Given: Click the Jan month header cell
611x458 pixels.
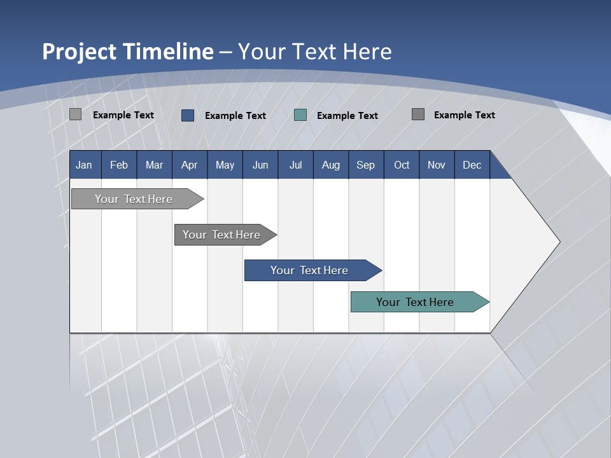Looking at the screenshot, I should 85,165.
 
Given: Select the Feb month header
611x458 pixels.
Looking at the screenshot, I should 119,165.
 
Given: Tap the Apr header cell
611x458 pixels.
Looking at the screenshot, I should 190,165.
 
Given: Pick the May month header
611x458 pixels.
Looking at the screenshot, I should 225,165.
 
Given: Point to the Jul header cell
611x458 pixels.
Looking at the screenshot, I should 295,165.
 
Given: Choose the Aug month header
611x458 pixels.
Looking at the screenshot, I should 331,165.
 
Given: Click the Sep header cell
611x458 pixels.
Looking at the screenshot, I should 366,165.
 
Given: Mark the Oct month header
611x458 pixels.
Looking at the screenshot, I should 402,165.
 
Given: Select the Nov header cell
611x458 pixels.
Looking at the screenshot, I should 437,165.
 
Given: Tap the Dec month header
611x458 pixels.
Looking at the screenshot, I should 472,165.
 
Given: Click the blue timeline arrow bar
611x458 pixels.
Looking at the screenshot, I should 309,270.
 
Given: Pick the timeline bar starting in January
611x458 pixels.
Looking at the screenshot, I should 134,199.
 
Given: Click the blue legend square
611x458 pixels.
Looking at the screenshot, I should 188,115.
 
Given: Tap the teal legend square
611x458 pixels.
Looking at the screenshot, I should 300,115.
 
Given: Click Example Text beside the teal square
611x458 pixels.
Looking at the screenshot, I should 348,116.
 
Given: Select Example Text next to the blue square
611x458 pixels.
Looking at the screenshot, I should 235,116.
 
